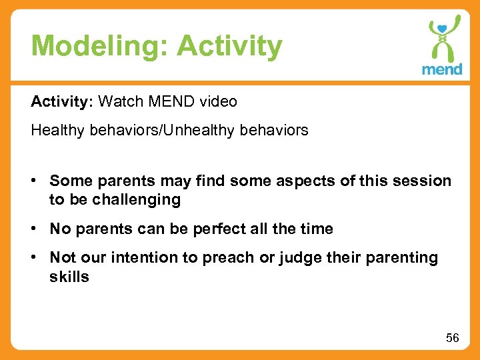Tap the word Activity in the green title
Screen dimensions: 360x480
click(230, 46)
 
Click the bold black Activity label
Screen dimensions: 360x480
click(61, 101)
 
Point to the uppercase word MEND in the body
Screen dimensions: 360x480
click(171, 101)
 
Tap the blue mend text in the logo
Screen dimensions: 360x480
click(441, 69)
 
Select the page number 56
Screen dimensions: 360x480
click(452, 338)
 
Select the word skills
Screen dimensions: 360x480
click(69, 277)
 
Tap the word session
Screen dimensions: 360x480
click(423, 181)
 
